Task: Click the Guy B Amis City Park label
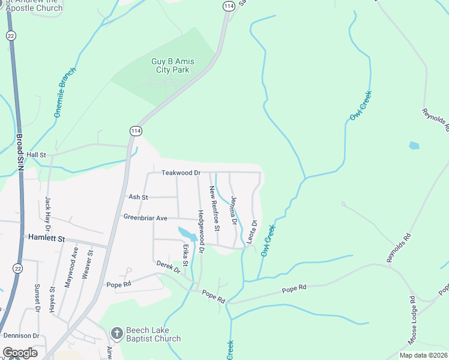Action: click(x=170, y=65)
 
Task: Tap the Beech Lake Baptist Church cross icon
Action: click(x=116, y=332)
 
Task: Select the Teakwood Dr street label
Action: click(x=181, y=173)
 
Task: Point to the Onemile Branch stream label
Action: click(x=66, y=92)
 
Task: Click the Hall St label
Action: click(x=36, y=155)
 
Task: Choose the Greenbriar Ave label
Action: click(x=145, y=217)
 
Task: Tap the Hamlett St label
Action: click(x=46, y=238)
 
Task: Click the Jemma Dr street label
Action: click(x=234, y=211)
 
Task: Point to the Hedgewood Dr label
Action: click(x=201, y=232)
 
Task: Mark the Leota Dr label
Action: click(x=252, y=231)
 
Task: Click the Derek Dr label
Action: click(x=168, y=267)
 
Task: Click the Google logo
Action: click(x=20, y=353)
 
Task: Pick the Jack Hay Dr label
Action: click(x=47, y=213)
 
